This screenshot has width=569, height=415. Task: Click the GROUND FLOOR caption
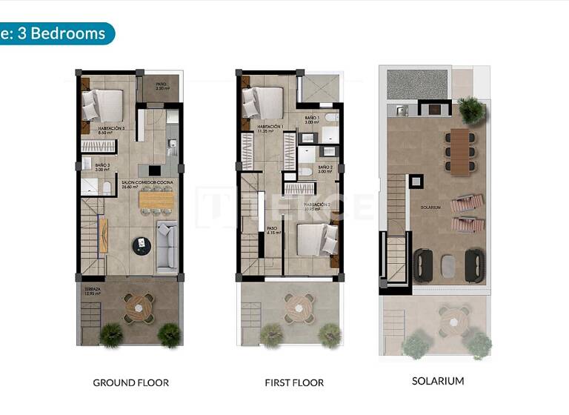coord(130,383)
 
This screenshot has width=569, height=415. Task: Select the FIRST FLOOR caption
coord(294,383)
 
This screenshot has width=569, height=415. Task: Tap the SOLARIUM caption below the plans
coord(438,381)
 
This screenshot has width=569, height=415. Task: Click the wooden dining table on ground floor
coord(156,199)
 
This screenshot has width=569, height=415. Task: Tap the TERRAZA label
coord(91,290)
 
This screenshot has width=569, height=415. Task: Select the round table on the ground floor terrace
coord(138,306)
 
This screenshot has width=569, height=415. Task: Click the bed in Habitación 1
coord(263,102)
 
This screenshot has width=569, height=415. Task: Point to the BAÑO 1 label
coord(312,118)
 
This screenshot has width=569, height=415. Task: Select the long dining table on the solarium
coord(460,151)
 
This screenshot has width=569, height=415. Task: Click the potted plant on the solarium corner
coord(470,110)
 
